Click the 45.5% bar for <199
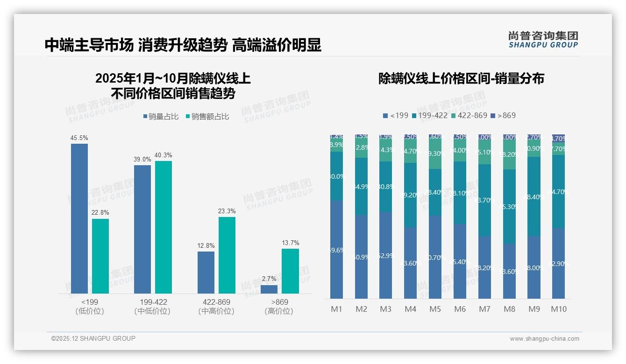[79, 218]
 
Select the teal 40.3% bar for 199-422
[164, 227]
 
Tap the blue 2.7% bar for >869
[269, 289]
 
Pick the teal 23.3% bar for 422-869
[227, 255]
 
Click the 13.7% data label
[290, 243]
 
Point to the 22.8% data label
[100, 213]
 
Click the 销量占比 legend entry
[161, 117]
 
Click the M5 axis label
[435, 309]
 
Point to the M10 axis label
[558, 309]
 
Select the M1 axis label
[336, 309]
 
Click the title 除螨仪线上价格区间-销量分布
[461, 78]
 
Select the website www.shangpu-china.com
[544, 339]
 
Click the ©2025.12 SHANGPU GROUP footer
[93, 338]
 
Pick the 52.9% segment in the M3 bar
[385, 256]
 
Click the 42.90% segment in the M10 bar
[558, 264]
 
